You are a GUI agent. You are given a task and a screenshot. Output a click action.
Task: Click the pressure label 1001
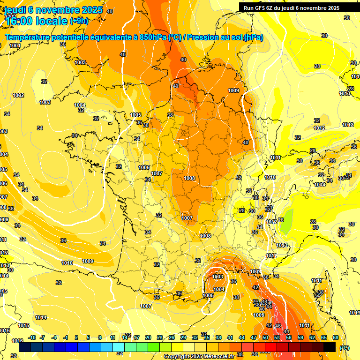coord(15,45)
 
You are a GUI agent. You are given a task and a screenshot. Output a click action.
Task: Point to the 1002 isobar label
coord(18,95)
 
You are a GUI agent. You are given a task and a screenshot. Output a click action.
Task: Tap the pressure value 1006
coord(144,167)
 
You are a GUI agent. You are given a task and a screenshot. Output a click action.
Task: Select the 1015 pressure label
coord(23,325)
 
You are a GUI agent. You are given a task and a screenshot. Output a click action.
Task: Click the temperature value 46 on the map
coord(277,325)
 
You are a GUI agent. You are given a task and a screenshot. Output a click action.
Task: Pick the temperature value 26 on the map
coord(281,220)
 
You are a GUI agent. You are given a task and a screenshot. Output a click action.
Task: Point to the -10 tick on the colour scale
coord(32,337)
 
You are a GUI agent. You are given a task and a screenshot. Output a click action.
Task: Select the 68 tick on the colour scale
coord(336,337)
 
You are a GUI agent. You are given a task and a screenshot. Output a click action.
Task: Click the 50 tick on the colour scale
coord(265,337)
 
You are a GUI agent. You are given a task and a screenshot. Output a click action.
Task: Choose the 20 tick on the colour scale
coord(148,337)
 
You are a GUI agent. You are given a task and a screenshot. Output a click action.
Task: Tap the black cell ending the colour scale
coord(330,347)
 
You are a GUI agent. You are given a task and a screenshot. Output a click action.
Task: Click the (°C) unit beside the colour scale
coord(344,347)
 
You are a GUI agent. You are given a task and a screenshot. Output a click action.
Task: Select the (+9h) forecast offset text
coord(79,21)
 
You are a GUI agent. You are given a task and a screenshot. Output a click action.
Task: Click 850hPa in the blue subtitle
coord(152,37)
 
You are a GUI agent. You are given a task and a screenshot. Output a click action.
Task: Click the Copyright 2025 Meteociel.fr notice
coord(199,356)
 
